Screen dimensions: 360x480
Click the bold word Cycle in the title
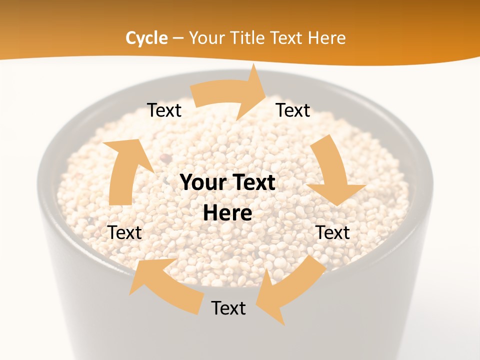click(146, 38)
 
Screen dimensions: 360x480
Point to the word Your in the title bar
click(206, 38)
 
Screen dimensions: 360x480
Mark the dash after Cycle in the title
click(178, 38)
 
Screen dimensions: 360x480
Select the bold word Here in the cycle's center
click(227, 213)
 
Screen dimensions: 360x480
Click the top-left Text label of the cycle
click(164, 110)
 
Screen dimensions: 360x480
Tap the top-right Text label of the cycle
click(293, 110)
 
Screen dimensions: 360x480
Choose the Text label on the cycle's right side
click(332, 232)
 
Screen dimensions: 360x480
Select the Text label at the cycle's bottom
click(228, 308)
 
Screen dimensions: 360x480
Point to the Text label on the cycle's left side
click(124, 232)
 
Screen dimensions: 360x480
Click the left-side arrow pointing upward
click(122, 170)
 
